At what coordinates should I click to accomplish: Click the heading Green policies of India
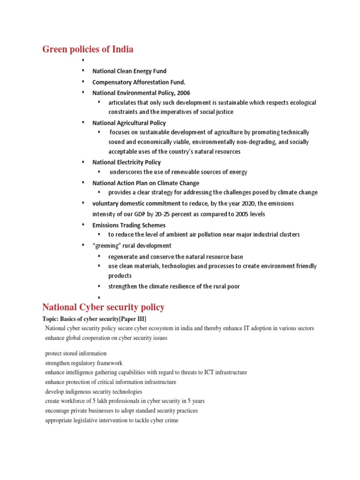click(88, 49)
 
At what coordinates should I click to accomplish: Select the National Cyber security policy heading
click(103, 307)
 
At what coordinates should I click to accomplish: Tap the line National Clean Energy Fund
click(129, 71)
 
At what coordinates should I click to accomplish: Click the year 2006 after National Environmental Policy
click(183, 93)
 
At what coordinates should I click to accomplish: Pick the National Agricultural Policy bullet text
click(129, 123)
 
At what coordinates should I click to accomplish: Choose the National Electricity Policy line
click(127, 162)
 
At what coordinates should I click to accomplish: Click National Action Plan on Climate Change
click(146, 183)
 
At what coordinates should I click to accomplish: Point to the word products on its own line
click(120, 276)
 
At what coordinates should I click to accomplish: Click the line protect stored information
click(76, 353)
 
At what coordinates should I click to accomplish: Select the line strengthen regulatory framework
click(83, 363)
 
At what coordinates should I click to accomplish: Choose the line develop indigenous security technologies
click(93, 391)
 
